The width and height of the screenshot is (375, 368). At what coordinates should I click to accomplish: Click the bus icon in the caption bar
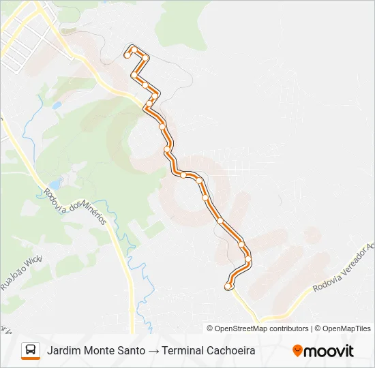click(31, 350)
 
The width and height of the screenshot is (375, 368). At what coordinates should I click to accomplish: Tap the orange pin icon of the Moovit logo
click(297, 350)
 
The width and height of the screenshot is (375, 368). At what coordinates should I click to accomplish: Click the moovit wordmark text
click(329, 350)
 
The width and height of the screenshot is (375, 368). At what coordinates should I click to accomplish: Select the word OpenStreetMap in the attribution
click(242, 328)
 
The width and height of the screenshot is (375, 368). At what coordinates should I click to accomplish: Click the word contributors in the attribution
click(290, 328)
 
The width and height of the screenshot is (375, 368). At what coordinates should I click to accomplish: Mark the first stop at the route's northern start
click(127, 56)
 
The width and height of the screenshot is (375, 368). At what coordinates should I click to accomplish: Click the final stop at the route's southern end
click(228, 287)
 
